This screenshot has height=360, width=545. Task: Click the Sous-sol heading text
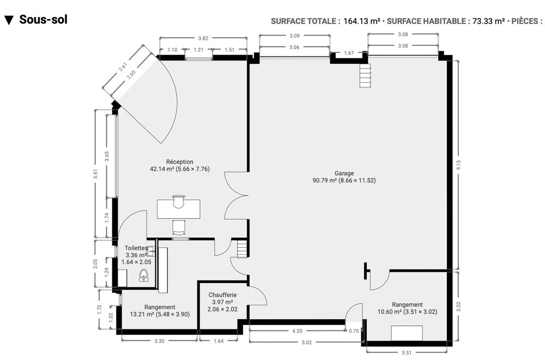(x=43, y=20)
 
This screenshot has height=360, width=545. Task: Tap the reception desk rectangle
(x=178, y=208)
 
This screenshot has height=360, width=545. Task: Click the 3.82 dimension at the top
(x=203, y=38)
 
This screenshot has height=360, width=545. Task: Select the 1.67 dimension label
(x=349, y=53)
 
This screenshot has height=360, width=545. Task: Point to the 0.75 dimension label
(x=354, y=331)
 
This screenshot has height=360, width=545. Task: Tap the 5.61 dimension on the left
(x=96, y=174)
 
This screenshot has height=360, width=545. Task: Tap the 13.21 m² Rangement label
(x=160, y=310)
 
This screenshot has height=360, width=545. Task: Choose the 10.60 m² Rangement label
(x=407, y=308)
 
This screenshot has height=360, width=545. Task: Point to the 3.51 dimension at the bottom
(x=406, y=353)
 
